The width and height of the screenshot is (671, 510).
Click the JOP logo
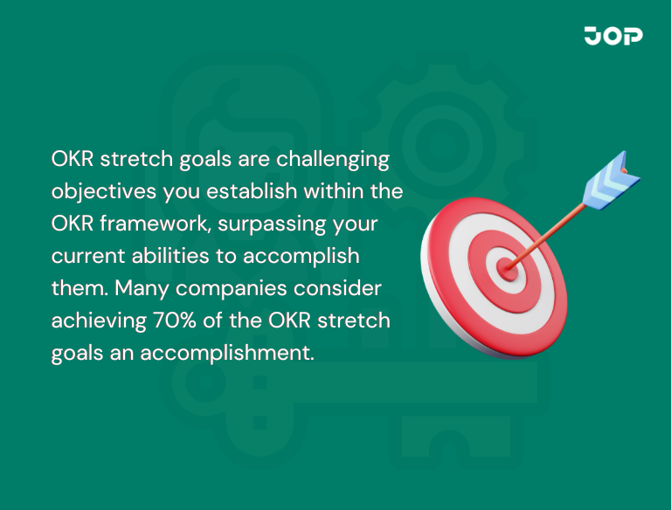[x=613, y=36]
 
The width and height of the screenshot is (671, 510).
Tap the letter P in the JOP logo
[x=633, y=36]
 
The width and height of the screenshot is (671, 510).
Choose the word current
[x=83, y=257]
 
